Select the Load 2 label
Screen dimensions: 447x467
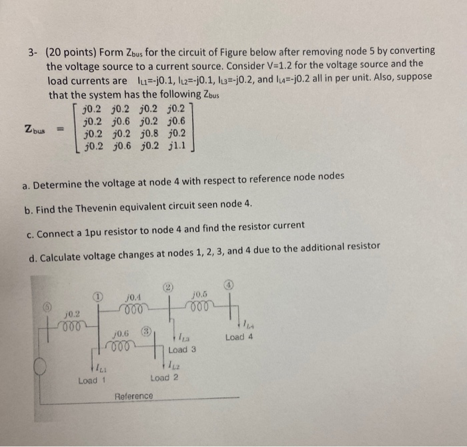[165, 378]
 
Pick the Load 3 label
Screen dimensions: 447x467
[182, 349]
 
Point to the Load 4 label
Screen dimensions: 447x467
[240, 337]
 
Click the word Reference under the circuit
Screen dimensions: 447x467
[133, 396]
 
